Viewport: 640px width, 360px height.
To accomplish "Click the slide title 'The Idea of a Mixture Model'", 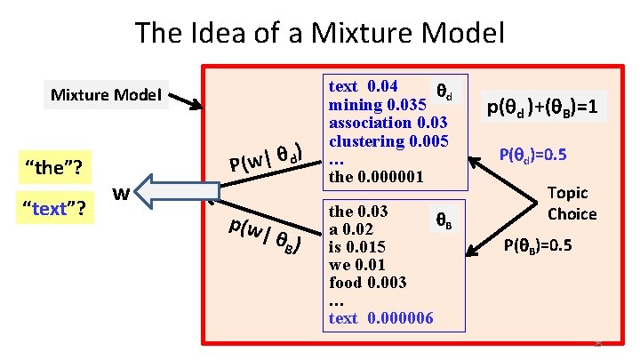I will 319,34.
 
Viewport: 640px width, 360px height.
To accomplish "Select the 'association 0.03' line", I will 388,122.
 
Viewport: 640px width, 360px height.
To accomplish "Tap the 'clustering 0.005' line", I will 388,140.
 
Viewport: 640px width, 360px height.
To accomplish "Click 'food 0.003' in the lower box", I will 367,282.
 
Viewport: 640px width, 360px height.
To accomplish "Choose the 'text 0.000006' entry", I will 380,317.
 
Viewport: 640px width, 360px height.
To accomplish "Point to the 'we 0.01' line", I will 359,264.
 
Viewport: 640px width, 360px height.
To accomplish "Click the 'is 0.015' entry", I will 358,246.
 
